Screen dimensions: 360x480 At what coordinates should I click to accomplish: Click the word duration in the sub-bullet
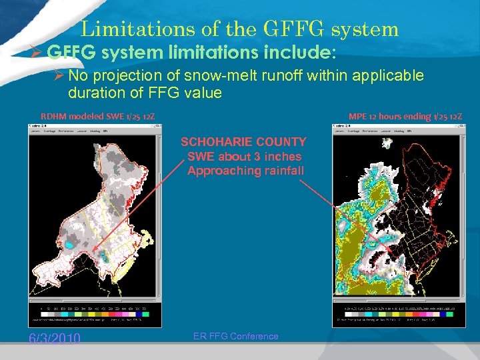click(95, 93)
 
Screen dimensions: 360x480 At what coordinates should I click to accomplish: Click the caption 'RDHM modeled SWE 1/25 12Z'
click(98, 117)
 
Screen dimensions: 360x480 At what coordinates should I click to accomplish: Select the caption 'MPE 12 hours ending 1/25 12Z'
click(405, 117)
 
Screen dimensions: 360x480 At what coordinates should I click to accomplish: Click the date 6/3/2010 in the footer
click(55, 339)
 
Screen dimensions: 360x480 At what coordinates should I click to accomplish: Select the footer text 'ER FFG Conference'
click(236, 336)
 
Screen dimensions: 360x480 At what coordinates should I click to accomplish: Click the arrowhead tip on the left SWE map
click(95, 253)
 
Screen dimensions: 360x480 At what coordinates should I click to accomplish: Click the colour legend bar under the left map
click(93, 313)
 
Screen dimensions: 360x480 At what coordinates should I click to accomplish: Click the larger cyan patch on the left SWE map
click(101, 255)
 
